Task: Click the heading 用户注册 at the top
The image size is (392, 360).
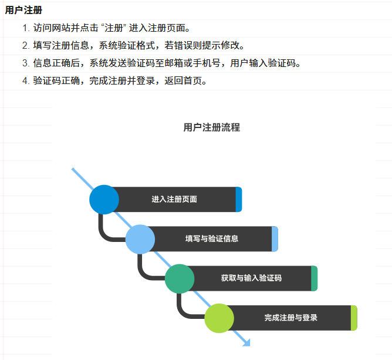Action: (23, 11)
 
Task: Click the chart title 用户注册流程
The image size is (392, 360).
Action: (211, 127)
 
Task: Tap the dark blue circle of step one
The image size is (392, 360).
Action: (104, 199)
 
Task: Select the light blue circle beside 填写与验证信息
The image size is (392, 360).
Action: (140, 239)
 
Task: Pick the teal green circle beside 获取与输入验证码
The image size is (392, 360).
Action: (179, 278)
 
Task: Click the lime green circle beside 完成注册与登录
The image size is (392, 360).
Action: (219, 318)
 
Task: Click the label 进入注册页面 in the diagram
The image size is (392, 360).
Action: (174, 199)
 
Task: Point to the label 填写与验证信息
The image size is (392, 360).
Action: (212, 239)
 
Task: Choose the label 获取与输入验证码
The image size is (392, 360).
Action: (251, 278)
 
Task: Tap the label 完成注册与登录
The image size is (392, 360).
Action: (291, 318)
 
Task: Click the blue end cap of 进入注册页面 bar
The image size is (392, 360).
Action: (238, 199)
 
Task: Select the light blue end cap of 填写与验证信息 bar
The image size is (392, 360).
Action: (275, 239)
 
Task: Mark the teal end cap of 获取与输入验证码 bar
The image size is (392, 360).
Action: (314, 278)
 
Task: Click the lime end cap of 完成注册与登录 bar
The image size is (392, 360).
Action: (354, 318)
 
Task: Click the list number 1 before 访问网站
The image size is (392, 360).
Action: (26, 28)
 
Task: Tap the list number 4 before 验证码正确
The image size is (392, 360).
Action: (26, 81)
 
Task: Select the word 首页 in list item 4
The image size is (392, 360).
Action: (196, 81)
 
